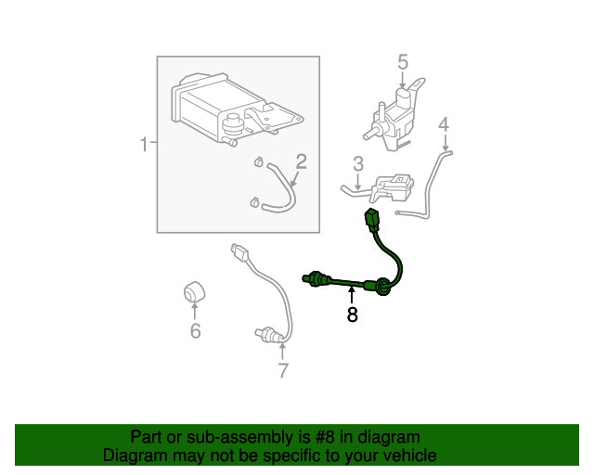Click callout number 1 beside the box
(x=144, y=145)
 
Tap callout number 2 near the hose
(x=301, y=161)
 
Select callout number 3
(x=357, y=165)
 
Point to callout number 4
(x=444, y=123)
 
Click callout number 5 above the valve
(x=403, y=62)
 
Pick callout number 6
(x=195, y=331)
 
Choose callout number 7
(x=283, y=371)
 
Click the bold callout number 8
(x=353, y=315)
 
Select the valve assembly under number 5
(x=394, y=116)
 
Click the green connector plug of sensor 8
(x=372, y=222)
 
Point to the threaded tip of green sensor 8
(x=310, y=276)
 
